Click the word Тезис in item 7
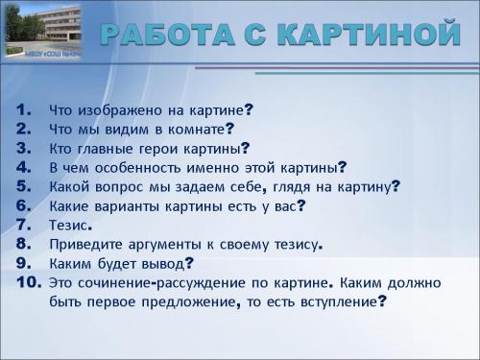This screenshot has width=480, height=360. coord(68,226)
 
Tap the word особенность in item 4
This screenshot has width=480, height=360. coord(143,167)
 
